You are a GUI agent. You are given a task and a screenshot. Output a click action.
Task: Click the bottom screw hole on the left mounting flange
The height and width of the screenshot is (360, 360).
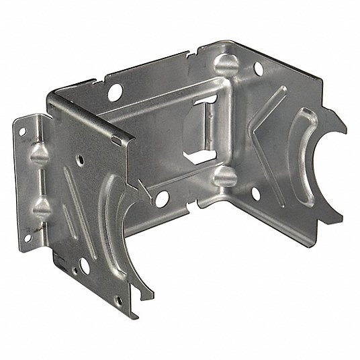tap(30, 236)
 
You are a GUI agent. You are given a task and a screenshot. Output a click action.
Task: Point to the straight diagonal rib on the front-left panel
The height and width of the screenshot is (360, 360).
tap(73, 189)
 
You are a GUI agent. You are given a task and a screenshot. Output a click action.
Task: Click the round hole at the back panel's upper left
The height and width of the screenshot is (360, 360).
tap(114, 90)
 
